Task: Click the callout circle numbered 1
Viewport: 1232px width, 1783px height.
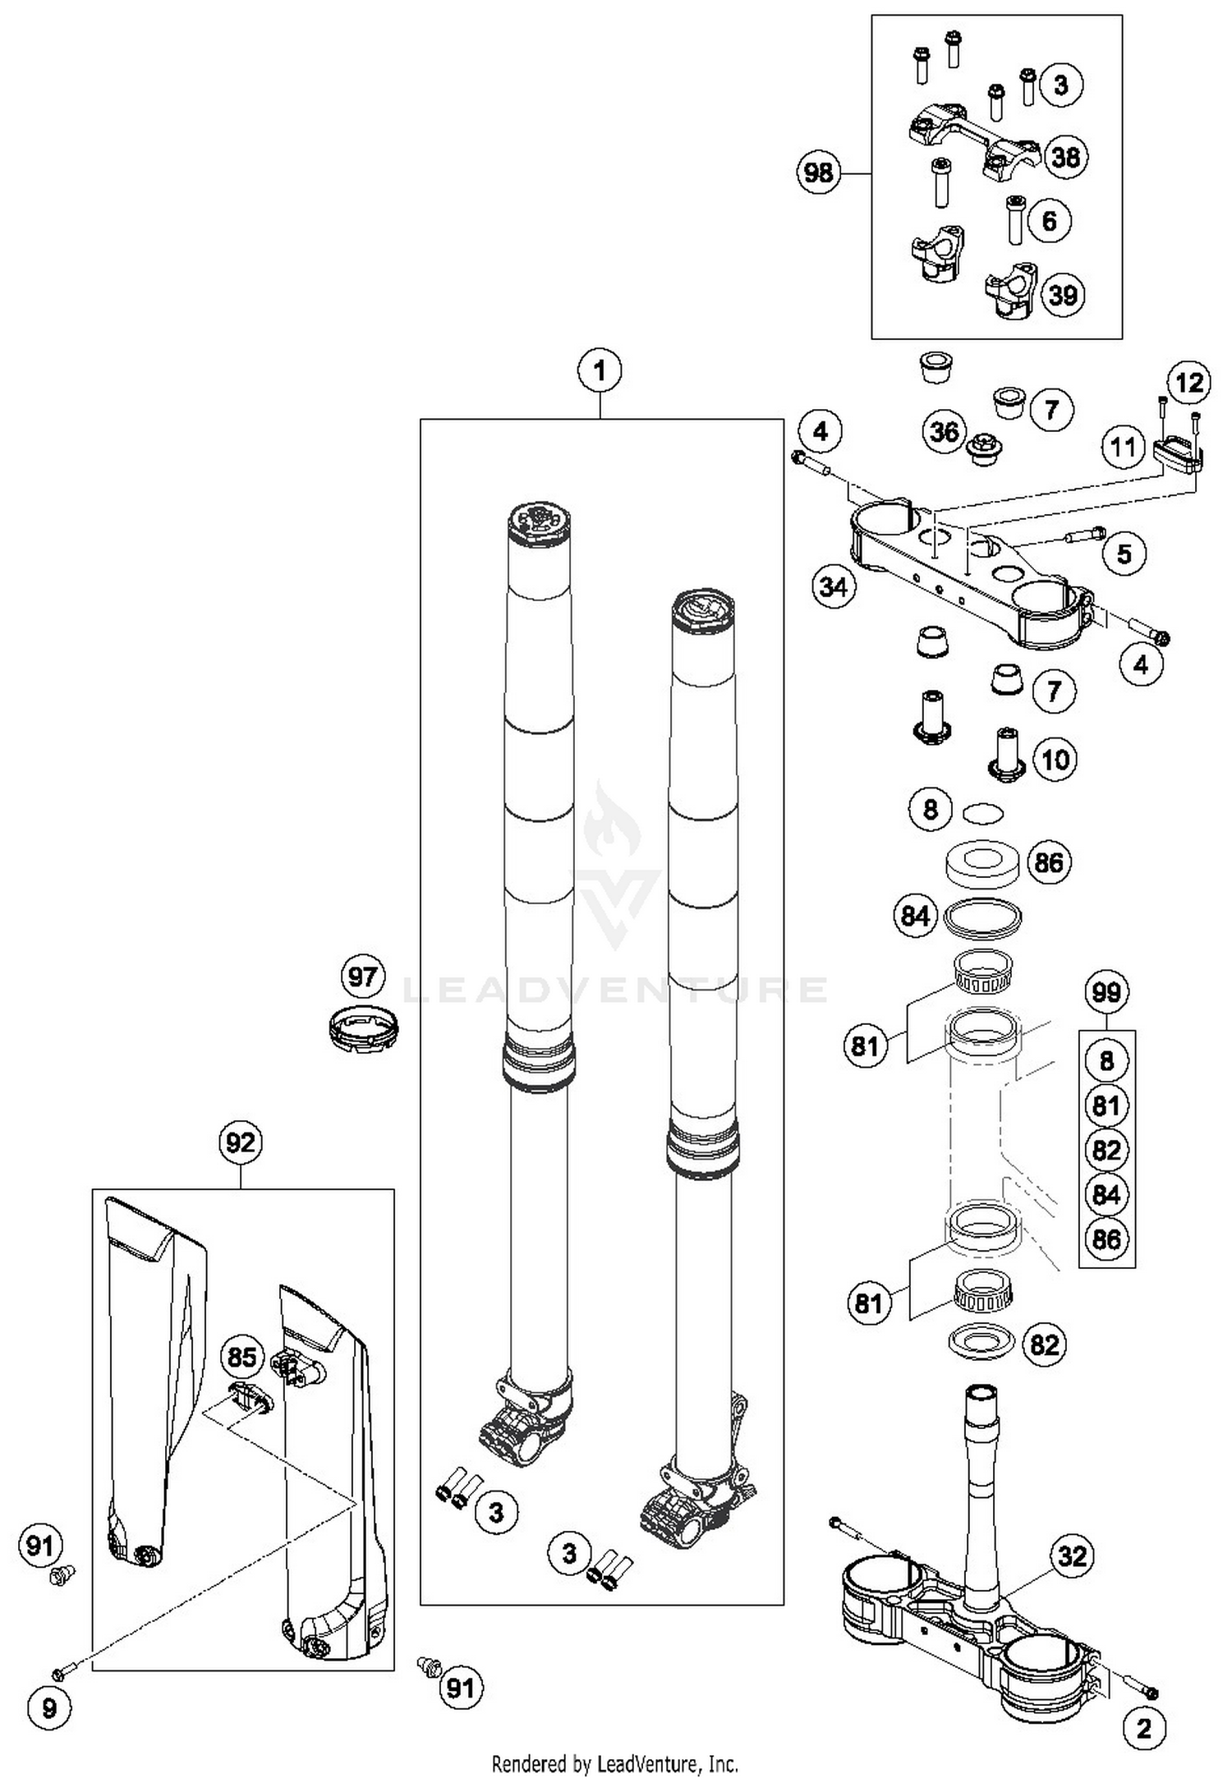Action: pyautogui.click(x=600, y=370)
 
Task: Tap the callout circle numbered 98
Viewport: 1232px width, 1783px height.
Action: pyautogui.click(x=818, y=172)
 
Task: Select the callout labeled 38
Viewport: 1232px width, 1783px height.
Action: pyautogui.click(x=1065, y=156)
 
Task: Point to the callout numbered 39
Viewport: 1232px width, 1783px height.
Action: pyautogui.click(x=1063, y=295)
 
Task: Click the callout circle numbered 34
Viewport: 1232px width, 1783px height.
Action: pyautogui.click(x=834, y=586)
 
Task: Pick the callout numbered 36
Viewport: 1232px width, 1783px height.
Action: pyautogui.click(x=945, y=432)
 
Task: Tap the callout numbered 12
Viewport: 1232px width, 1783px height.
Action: pyautogui.click(x=1188, y=382)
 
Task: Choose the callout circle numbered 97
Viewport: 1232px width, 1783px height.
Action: pyautogui.click(x=362, y=977)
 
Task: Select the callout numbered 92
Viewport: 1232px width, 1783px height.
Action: pyautogui.click(x=240, y=1142)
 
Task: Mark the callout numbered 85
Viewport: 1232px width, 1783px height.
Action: pyautogui.click(x=241, y=1356)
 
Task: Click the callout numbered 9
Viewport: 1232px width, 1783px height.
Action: pyautogui.click(x=49, y=1709)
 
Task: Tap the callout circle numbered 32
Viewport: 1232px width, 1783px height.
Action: pyautogui.click(x=1073, y=1556)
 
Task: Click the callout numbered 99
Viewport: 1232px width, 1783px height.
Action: pyautogui.click(x=1106, y=992)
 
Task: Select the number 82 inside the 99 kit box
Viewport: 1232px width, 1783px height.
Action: pyautogui.click(x=1106, y=1150)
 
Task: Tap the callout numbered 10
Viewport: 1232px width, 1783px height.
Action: pyautogui.click(x=1055, y=759)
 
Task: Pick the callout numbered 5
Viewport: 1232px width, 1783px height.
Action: pyautogui.click(x=1124, y=554)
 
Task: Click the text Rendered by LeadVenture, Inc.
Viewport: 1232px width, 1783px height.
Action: pyautogui.click(x=614, y=1764)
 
